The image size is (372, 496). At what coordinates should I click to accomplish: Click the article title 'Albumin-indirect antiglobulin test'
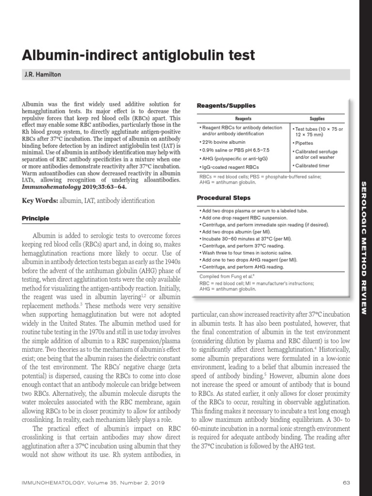point(139,56)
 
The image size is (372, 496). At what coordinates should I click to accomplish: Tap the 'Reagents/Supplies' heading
point(226,106)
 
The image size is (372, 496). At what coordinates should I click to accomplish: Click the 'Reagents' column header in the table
point(243,119)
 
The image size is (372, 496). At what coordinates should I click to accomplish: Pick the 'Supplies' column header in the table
point(317,119)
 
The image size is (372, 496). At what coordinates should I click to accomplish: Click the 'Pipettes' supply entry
point(304,143)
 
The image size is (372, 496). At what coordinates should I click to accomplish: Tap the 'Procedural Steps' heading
point(224,198)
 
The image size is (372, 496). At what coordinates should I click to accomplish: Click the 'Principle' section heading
point(36,218)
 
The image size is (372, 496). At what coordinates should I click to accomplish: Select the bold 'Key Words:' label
point(40,200)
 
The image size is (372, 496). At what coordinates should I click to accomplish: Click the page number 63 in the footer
point(346,483)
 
